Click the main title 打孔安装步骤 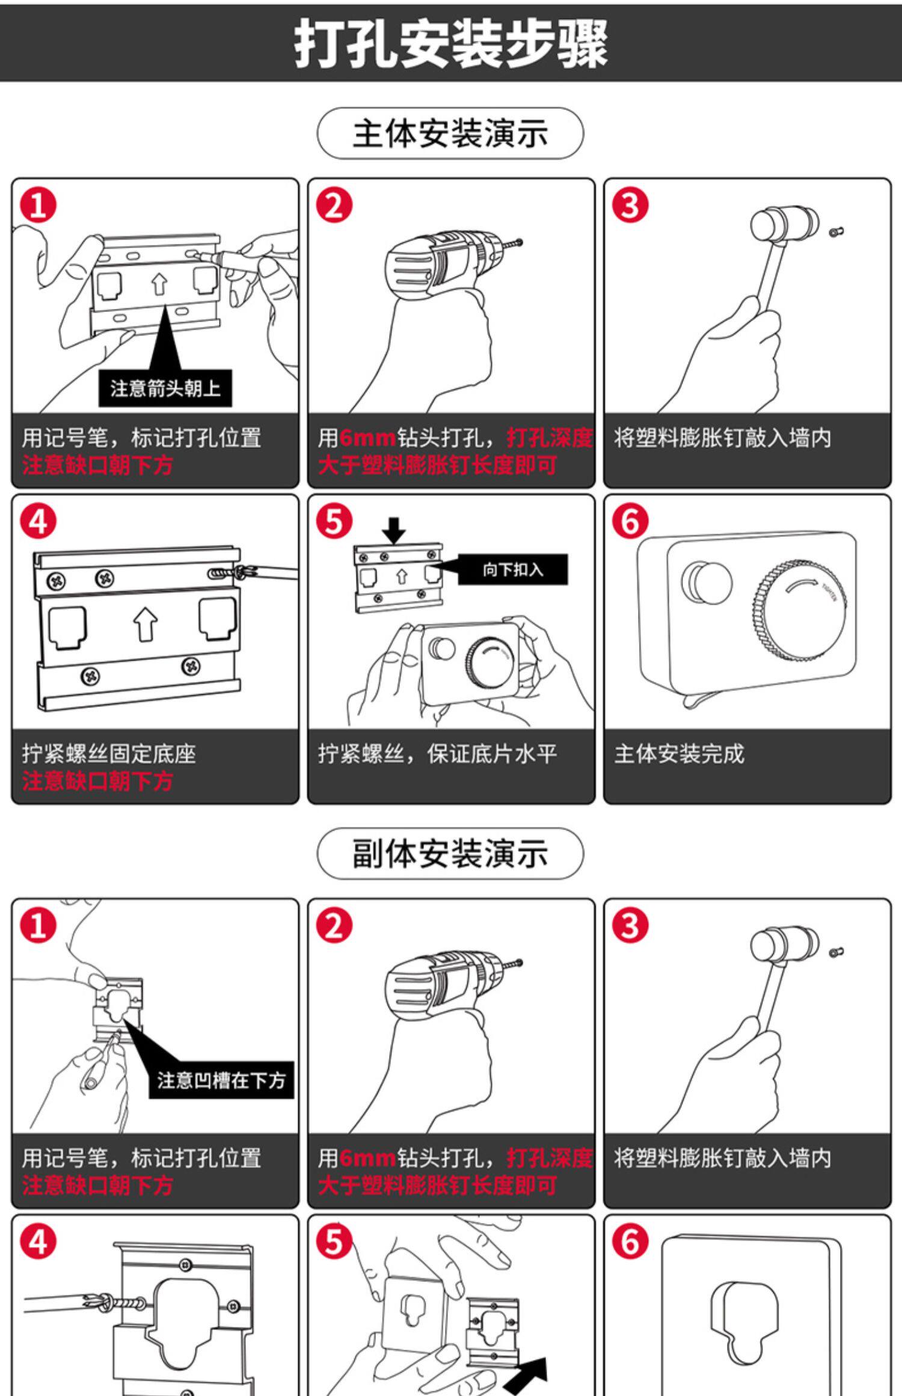450,43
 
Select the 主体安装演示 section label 450,133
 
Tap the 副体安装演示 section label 450,854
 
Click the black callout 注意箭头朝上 165,388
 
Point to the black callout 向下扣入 512,569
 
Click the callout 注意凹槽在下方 221,1080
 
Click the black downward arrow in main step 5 394,530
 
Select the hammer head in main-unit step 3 784,225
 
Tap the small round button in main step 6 707,581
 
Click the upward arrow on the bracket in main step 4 146,623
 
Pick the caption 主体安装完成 679,753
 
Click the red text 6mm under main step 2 367,438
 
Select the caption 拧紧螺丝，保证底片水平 437,753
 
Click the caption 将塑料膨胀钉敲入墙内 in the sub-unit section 722,1158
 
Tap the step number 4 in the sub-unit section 38,1242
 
